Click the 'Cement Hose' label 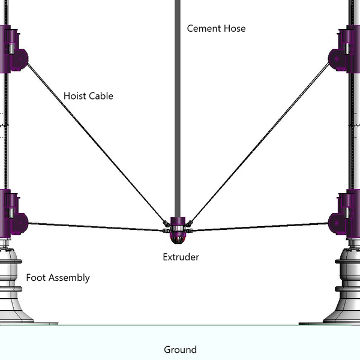tap(216, 28)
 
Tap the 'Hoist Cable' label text tap(88, 96)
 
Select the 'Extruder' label tap(181, 257)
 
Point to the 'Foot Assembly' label tap(58, 277)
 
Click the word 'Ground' tap(180, 349)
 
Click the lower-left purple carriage tap(13, 213)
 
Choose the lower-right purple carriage tap(347, 213)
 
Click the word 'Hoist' tap(75, 96)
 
